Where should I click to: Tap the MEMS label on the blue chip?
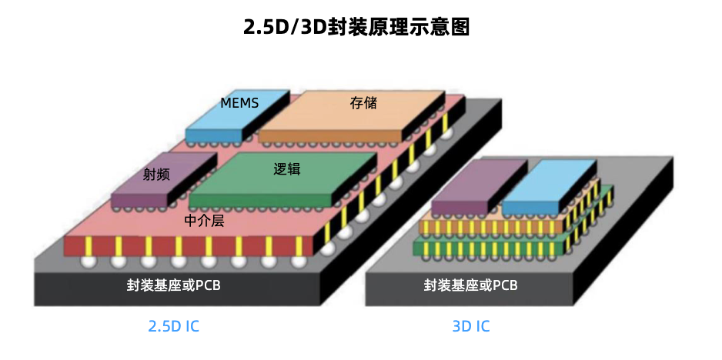click(x=239, y=102)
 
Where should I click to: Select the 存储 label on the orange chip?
click(x=363, y=102)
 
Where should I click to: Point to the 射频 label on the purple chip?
click(x=156, y=174)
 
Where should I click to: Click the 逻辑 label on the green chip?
click(x=286, y=168)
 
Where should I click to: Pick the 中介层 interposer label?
click(x=204, y=221)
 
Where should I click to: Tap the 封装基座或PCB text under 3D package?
click(x=471, y=285)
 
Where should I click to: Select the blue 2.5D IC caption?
click(x=173, y=326)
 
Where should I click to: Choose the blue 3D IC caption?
click(x=471, y=326)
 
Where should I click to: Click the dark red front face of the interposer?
click(x=192, y=245)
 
